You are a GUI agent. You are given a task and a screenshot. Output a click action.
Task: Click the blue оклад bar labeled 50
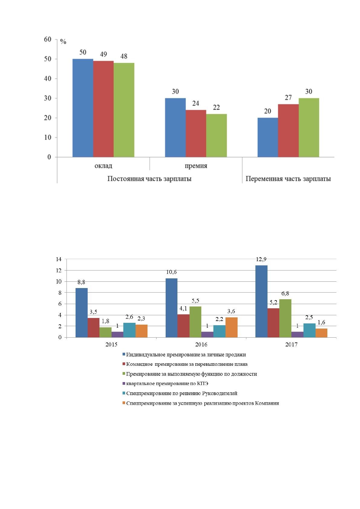pos(83,108)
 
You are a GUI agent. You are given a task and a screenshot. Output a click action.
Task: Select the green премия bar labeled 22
pos(216,135)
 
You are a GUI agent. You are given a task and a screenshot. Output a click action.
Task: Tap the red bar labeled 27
pos(288,131)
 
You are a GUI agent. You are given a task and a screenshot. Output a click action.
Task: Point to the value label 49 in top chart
pos(103,54)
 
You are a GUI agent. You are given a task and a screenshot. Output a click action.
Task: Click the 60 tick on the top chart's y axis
pos(47,39)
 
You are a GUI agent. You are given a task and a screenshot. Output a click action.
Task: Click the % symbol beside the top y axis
pos(63,41)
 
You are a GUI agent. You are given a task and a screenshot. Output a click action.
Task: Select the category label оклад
pos(103,166)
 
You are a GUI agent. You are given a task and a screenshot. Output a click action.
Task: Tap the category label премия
pos(196,166)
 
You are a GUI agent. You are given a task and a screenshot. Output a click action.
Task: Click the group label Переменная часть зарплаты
pos(288,179)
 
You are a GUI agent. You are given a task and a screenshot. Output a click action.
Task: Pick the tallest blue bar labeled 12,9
pos(261,301)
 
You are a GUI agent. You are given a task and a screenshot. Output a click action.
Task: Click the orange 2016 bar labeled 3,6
pos(231,327)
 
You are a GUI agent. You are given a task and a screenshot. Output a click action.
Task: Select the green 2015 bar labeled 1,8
pos(105,332)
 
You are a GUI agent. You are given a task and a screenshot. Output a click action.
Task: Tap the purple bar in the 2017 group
pos(297,335)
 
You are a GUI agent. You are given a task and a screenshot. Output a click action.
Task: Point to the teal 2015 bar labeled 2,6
pos(129,330)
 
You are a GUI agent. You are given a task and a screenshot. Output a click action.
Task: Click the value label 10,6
pos(171,272)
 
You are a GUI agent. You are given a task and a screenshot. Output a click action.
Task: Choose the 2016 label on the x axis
pos(201,345)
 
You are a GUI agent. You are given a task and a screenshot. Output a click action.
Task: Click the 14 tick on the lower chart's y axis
pos(59,259)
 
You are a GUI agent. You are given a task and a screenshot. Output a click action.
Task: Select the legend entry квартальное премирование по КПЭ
pos(165,384)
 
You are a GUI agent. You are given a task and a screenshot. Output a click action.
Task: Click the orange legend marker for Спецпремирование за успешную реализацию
pos(124,403)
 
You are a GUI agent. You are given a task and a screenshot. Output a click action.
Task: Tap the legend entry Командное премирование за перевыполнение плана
pos(185,364)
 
